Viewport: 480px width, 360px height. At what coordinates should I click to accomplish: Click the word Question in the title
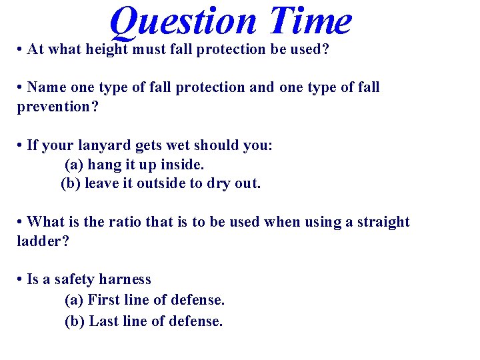coord(183,21)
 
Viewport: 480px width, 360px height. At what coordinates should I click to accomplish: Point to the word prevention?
coord(57,106)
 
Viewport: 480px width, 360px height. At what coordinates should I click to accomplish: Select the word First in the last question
coord(104,300)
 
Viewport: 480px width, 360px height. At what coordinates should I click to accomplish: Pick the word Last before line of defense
coord(104,321)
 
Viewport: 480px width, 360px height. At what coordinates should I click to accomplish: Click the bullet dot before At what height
coord(21,51)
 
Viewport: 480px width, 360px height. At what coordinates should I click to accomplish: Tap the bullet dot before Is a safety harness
coord(21,279)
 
